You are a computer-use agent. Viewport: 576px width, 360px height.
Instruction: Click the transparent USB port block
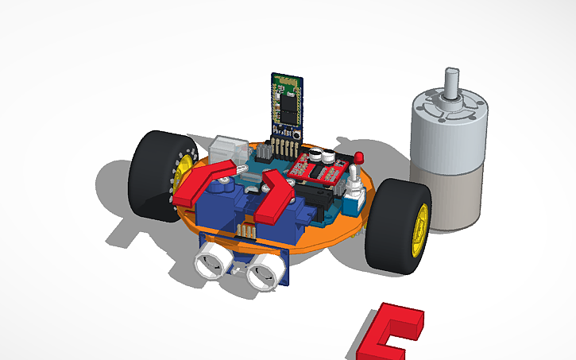[225, 149]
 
